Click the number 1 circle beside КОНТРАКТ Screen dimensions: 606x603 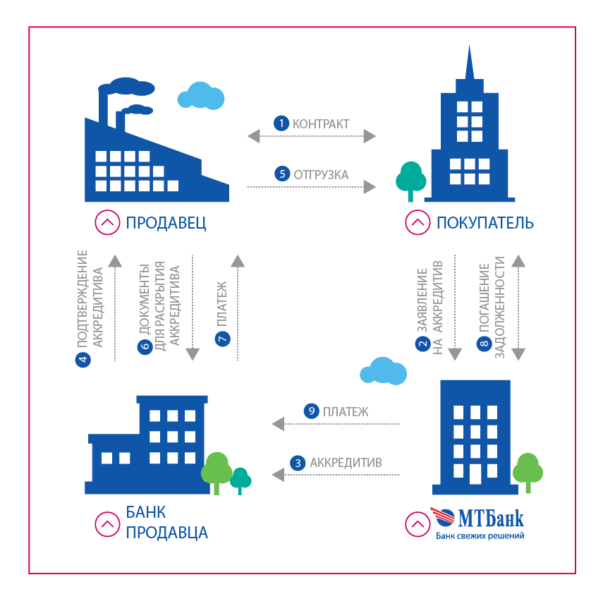[281, 123]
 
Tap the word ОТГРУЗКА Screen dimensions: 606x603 [321, 174]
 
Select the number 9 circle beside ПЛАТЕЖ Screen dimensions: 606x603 [311, 411]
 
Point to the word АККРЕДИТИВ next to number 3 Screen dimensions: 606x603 [346, 463]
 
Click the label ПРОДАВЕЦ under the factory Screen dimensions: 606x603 [166, 224]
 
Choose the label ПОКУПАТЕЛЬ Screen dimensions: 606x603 [485, 224]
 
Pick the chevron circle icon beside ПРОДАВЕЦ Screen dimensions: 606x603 [107, 224]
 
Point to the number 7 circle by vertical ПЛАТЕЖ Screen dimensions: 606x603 [222, 340]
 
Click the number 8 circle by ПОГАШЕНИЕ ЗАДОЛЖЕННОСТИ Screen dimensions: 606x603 [485, 344]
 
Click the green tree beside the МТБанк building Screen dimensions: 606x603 [528, 471]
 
